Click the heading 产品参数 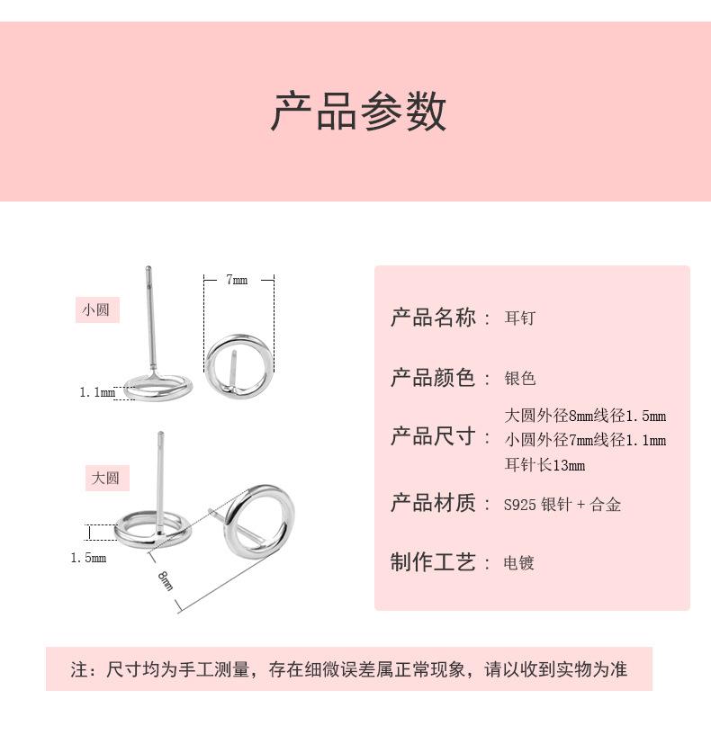(358, 112)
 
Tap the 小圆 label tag (96, 310)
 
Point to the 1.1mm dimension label (97, 392)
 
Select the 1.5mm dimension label (88, 558)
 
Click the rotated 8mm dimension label (166, 580)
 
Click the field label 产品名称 (432, 318)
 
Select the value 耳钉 (519, 318)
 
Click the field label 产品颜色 (432, 378)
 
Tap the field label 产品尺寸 (432, 437)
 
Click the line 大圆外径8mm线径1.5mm (585, 416)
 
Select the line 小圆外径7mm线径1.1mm (585, 440)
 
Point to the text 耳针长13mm (544, 465)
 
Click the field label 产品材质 (432, 503)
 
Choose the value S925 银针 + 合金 (562, 505)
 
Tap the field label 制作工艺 (432, 562)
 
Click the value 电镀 (519, 563)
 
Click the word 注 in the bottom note (79, 669)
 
